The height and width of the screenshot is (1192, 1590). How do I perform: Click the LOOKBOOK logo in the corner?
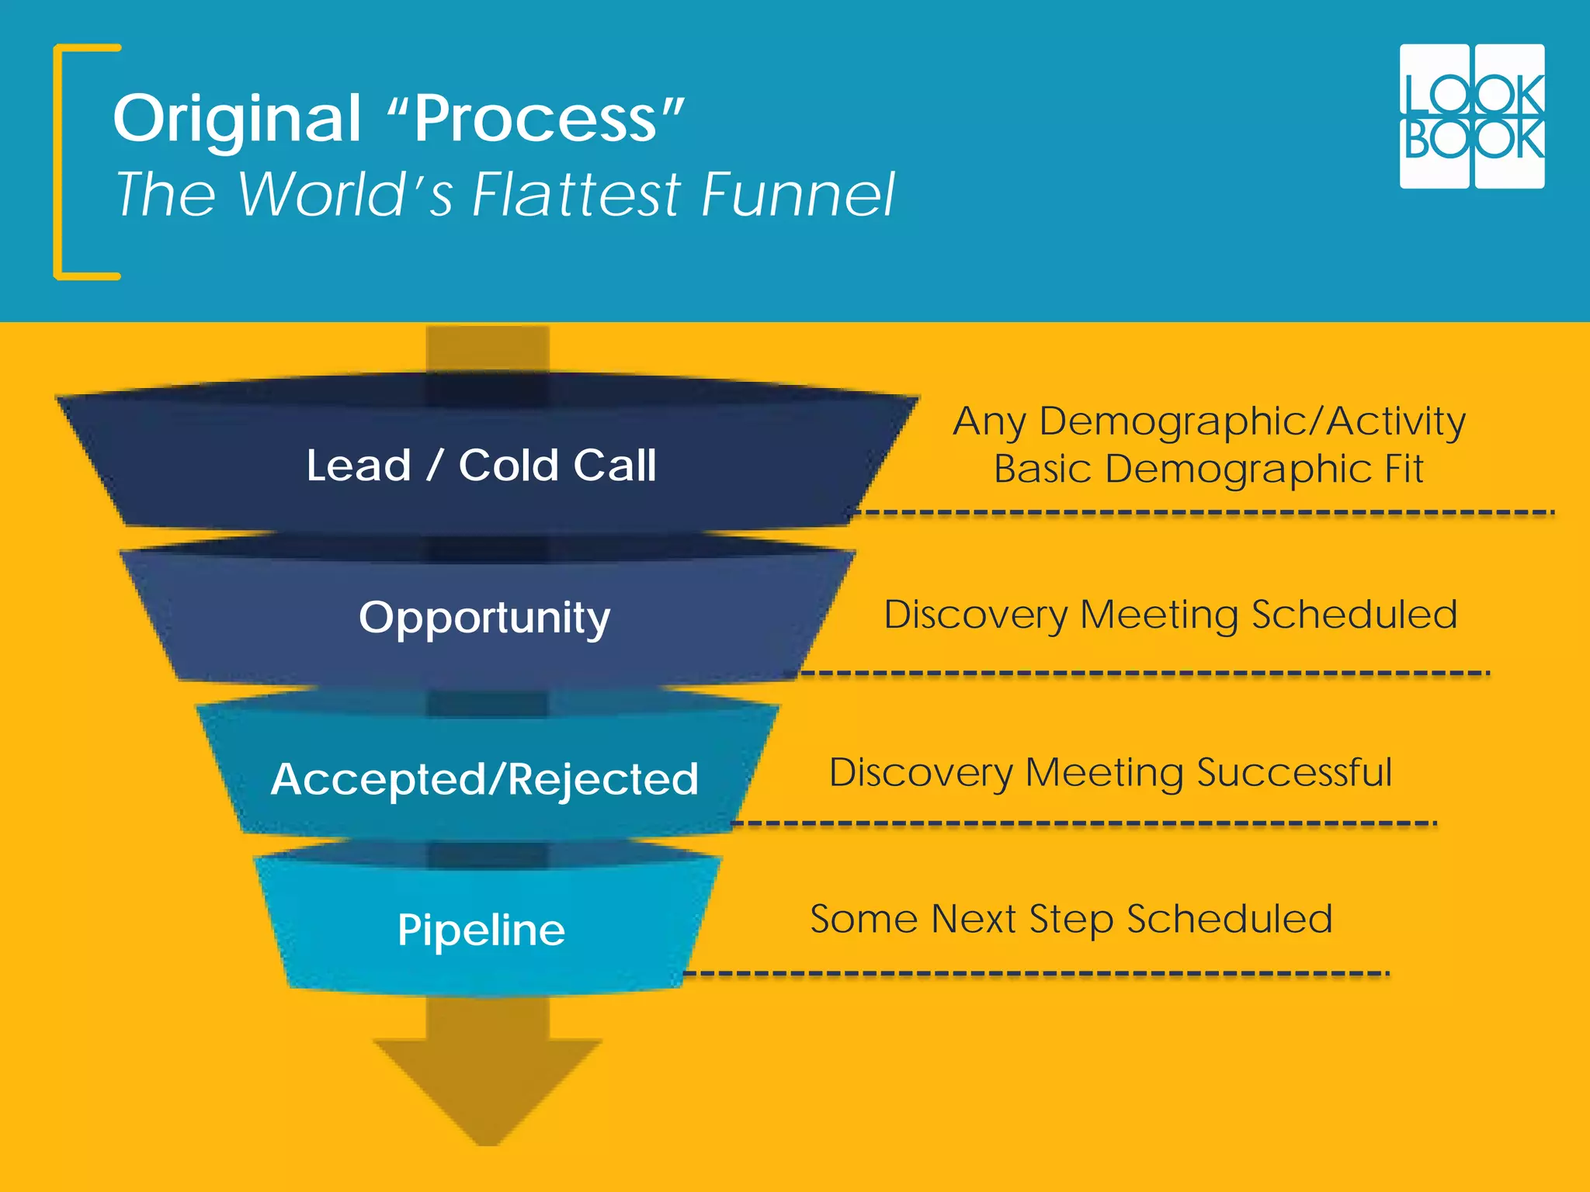(1471, 116)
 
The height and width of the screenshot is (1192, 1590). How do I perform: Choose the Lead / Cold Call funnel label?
(481, 466)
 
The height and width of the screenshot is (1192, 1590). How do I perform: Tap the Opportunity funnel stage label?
(484, 619)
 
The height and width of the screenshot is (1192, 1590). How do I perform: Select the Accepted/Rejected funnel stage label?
(484, 779)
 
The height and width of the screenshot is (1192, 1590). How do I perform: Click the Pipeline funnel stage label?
(481, 930)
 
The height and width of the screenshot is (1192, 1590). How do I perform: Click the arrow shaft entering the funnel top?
(488, 349)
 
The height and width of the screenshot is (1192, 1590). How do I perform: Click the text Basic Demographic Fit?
(1209, 470)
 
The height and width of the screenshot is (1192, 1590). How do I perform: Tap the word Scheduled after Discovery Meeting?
(1355, 615)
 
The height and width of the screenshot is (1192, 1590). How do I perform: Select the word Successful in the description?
(1294, 773)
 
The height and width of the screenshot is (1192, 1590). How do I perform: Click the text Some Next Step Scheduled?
(1071, 920)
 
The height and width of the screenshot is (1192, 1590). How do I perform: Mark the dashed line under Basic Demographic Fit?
(1203, 512)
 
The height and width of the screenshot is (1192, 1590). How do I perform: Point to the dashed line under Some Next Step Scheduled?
(1036, 973)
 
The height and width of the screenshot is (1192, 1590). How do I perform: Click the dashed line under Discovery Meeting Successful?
(1083, 823)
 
